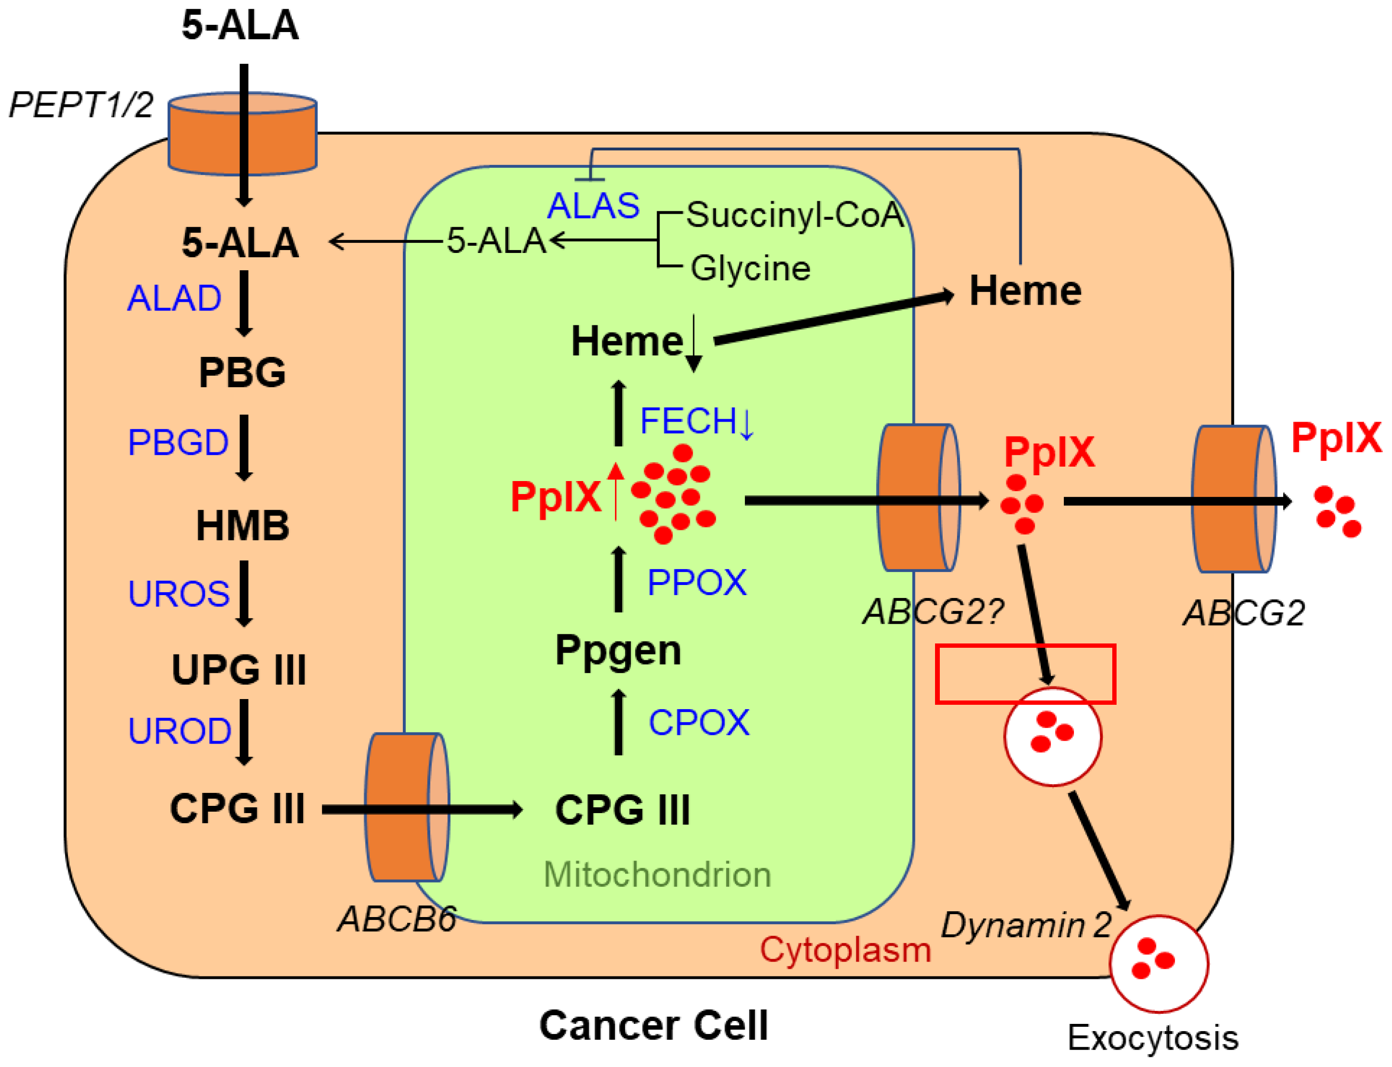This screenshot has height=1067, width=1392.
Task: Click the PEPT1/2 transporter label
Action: pos(80,105)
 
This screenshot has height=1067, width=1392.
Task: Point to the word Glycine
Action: pos(750,268)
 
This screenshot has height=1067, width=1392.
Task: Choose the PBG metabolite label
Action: pos(242,372)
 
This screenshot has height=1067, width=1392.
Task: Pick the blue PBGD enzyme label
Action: pos(178,442)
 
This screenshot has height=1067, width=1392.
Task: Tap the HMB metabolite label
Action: pos(242,526)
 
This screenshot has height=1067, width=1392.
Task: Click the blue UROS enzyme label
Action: pos(179,594)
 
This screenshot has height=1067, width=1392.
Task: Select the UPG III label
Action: pos(239,670)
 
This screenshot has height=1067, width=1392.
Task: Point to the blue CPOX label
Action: pos(698,723)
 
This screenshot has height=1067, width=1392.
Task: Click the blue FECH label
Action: pos(689,421)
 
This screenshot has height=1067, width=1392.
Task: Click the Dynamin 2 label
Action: pos(1026,925)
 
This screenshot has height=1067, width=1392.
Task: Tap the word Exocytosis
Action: pos(1152,1038)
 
